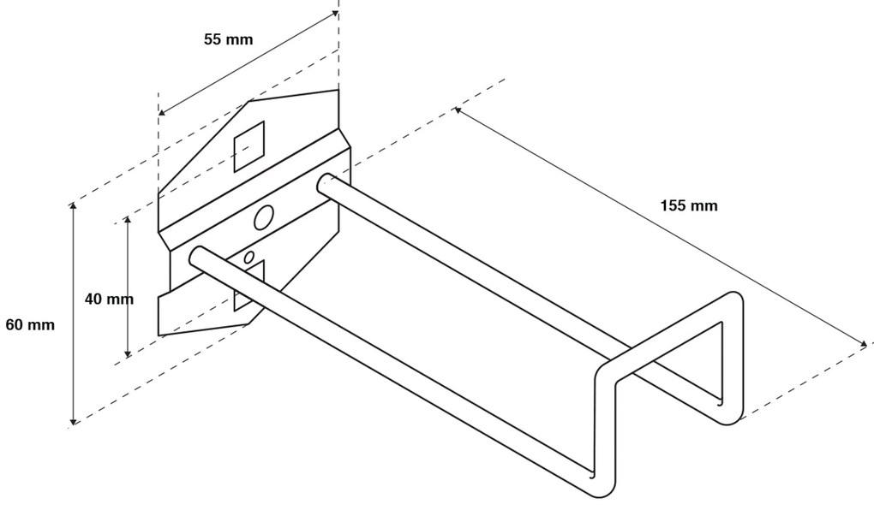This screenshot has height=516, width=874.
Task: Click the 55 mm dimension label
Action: click(x=228, y=39)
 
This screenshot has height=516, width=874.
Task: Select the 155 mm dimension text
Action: click(x=688, y=205)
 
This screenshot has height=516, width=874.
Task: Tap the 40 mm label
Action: click(x=109, y=299)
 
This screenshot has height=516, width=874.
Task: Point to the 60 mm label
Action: click(x=29, y=325)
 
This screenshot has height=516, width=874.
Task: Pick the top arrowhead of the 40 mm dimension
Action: click(x=128, y=221)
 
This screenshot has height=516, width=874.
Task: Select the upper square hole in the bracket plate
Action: click(x=249, y=145)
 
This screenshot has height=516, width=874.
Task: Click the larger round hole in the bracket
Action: click(x=264, y=217)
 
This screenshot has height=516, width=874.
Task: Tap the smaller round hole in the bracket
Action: click(x=249, y=257)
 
